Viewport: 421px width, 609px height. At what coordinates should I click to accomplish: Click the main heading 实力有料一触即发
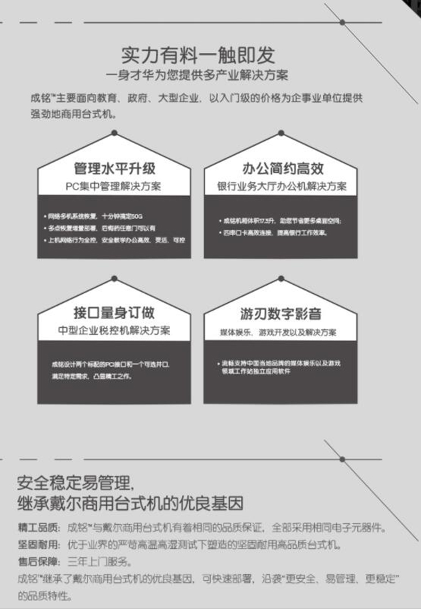tap(199, 55)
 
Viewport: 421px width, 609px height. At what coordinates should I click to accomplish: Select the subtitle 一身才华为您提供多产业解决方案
tap(199, 75)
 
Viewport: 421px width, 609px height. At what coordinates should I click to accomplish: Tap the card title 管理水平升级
tap(115, 169)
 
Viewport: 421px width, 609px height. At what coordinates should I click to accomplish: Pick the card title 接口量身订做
tap(115, 312)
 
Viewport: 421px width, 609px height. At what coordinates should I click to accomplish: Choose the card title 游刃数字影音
tap(281, 313)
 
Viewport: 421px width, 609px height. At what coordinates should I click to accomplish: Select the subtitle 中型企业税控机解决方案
tap(114, 330)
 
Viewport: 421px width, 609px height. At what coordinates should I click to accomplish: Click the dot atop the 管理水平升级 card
tap(115, 133)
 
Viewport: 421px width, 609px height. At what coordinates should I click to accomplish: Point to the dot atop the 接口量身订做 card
tap(115, 278)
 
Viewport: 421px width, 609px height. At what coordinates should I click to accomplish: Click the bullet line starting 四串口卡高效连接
tap(275, 233)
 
